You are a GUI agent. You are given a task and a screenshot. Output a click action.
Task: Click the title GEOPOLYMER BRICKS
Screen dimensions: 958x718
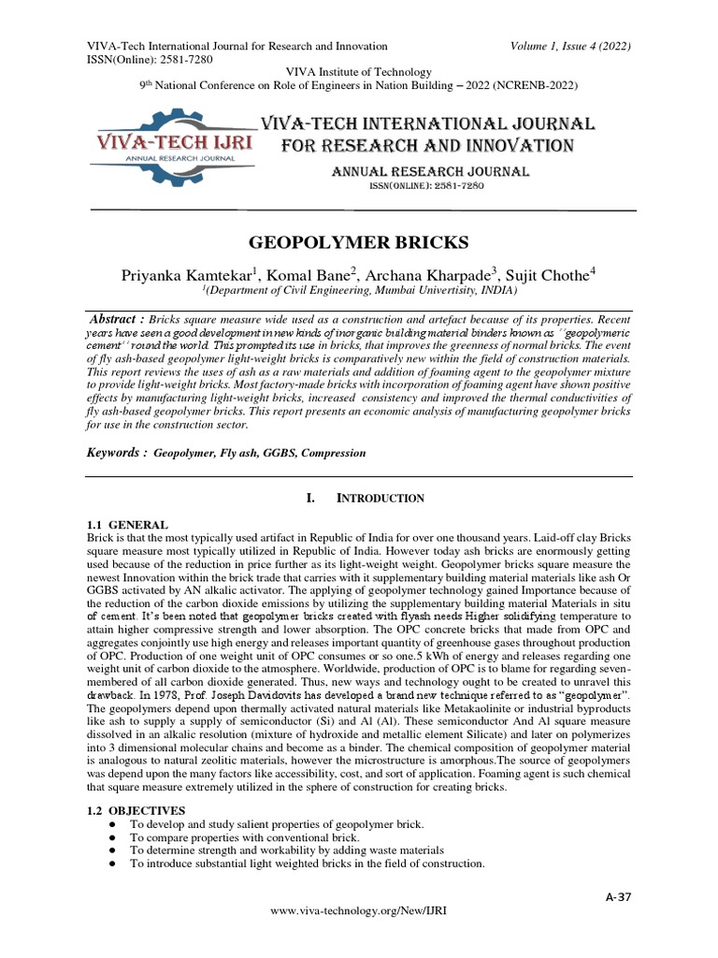pos(358,243)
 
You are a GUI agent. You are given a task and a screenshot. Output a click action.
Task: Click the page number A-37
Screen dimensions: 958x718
pos(619,897)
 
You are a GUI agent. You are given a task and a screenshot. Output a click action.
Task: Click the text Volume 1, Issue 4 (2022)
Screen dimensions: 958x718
pos(573,46)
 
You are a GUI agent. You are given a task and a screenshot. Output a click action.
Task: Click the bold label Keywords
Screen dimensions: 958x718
pos(117,452)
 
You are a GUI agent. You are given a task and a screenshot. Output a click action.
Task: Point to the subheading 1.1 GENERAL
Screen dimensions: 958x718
pos(127,526)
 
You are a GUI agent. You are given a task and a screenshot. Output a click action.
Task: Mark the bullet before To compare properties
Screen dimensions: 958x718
pos(111,837)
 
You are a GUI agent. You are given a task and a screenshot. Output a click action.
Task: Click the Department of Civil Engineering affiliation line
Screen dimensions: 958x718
pos(358,292)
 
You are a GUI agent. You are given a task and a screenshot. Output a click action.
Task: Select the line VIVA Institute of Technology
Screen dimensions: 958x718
pos(358,72)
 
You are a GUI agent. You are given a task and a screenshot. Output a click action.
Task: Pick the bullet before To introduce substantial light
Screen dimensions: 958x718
pos(111,864)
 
